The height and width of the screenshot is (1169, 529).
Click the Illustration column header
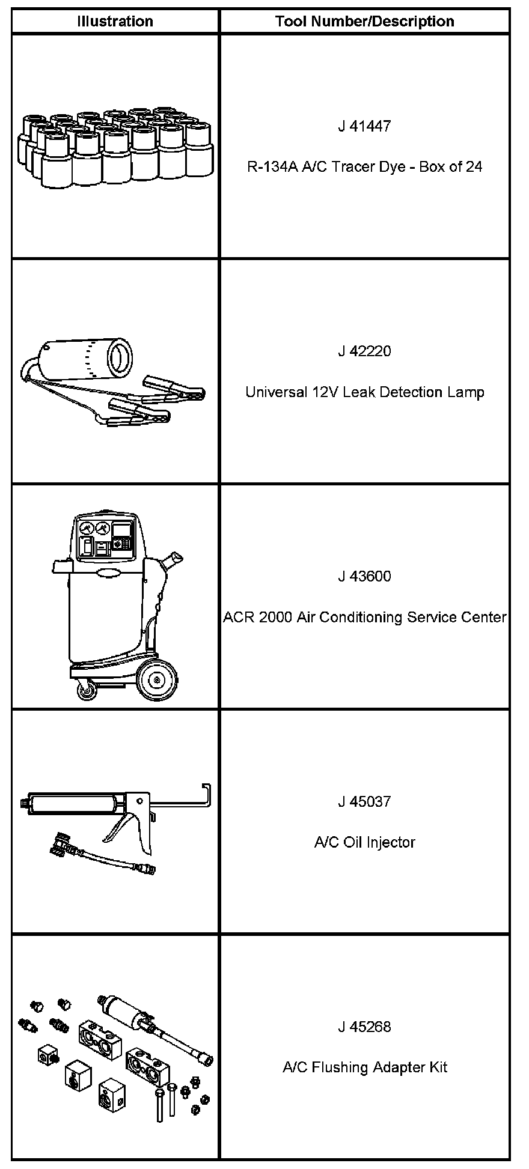point(115,22)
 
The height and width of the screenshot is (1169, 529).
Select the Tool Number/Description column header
point(364,22)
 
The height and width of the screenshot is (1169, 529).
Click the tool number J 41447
point(364,126)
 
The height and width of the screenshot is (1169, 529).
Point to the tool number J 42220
point(364,351)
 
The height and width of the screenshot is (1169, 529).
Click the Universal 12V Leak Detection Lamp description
point(364,392)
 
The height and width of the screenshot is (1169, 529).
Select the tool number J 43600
point(364,577)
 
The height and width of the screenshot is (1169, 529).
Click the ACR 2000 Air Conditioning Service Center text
point(364,618)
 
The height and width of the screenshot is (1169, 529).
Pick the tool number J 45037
point(364,802)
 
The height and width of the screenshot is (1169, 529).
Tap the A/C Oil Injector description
point(364,842)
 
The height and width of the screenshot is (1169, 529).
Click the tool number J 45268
point(364,1027)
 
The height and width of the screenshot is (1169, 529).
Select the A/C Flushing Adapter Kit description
point(364,1067)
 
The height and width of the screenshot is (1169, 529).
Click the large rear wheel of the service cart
point(157,680)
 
